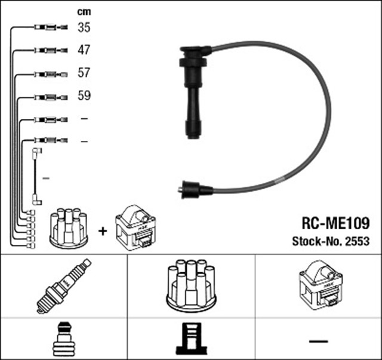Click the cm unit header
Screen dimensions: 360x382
tap(84, 11)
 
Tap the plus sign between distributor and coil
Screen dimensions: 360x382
tap(102, 230)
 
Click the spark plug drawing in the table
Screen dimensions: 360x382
tap(64, 286)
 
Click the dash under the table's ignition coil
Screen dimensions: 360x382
tap(319, 341)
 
